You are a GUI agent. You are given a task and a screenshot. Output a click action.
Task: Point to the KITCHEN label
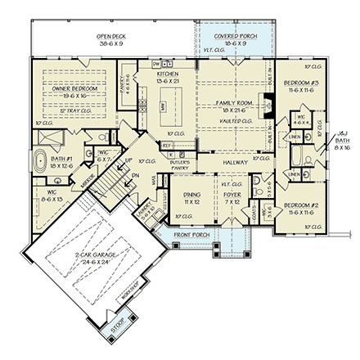pyautogui.click(x=167, y=76)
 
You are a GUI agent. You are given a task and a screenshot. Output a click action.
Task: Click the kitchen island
pyautogui.click(x=164, y=106)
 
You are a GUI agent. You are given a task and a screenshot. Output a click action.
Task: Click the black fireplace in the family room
pyautogui.click(x=265, y=104)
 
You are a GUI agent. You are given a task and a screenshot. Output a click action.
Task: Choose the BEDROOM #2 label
pyautogui.click(x=302, y=207)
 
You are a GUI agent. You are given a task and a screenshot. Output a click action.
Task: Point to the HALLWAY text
pyautogui.click(x=234, y=163)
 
